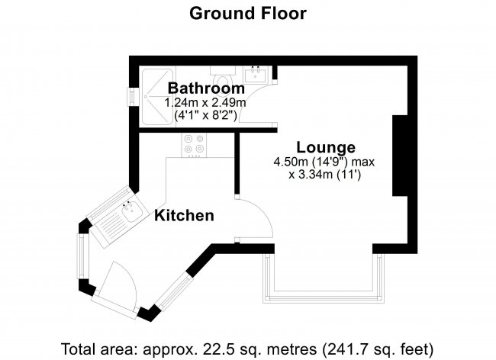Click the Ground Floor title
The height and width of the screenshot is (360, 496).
(x=248, y=14)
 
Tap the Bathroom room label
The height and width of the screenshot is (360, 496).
(x=206, y=88)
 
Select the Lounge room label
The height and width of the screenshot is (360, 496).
(x=326, y=148)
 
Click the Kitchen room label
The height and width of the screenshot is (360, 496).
(x=184, y=216)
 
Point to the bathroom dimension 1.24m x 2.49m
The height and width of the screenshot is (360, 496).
(x=205, y=103)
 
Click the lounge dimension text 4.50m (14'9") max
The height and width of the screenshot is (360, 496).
(x=324, y=162)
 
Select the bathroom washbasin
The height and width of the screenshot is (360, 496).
(x=255, y=75)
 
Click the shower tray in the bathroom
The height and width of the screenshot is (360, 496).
(x=157, y=96)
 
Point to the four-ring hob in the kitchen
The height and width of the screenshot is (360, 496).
(x=194, y=145)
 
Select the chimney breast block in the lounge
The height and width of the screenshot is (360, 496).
(x=400, y=156)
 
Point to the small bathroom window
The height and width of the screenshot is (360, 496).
(x=131, y=96)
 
